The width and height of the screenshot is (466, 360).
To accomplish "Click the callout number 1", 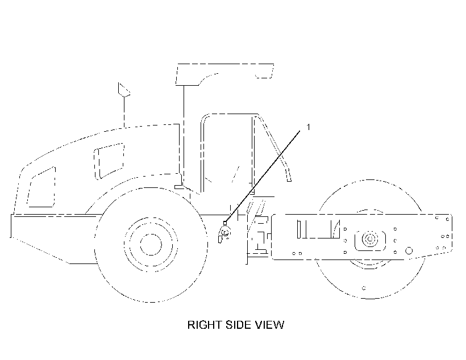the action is click(308, 127).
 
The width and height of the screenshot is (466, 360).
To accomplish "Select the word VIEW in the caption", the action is click(269, 325).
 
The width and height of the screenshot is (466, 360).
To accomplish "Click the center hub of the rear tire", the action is click(151, 245).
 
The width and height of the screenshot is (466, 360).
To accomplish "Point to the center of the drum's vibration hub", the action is click(370, 239).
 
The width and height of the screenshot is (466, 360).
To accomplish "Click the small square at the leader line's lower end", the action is click(225, 223).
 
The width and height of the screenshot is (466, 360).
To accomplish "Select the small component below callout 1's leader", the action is click(224, 233).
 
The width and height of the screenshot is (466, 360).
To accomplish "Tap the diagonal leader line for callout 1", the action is click(263, 177).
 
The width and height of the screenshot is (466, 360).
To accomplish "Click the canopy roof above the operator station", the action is click(224, 74).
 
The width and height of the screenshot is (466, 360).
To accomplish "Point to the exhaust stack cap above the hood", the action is click(124, 89).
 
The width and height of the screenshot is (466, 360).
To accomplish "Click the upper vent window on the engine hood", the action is click(109, 161).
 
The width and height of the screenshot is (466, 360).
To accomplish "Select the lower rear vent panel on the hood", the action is click(41, 187).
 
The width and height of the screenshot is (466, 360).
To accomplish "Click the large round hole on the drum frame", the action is click(409, 250).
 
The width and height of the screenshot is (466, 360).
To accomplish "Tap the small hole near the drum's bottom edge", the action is click(364, 288).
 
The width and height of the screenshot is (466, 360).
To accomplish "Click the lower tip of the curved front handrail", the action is click(289, 180).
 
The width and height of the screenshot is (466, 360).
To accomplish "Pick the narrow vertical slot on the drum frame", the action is click(299, 229).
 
